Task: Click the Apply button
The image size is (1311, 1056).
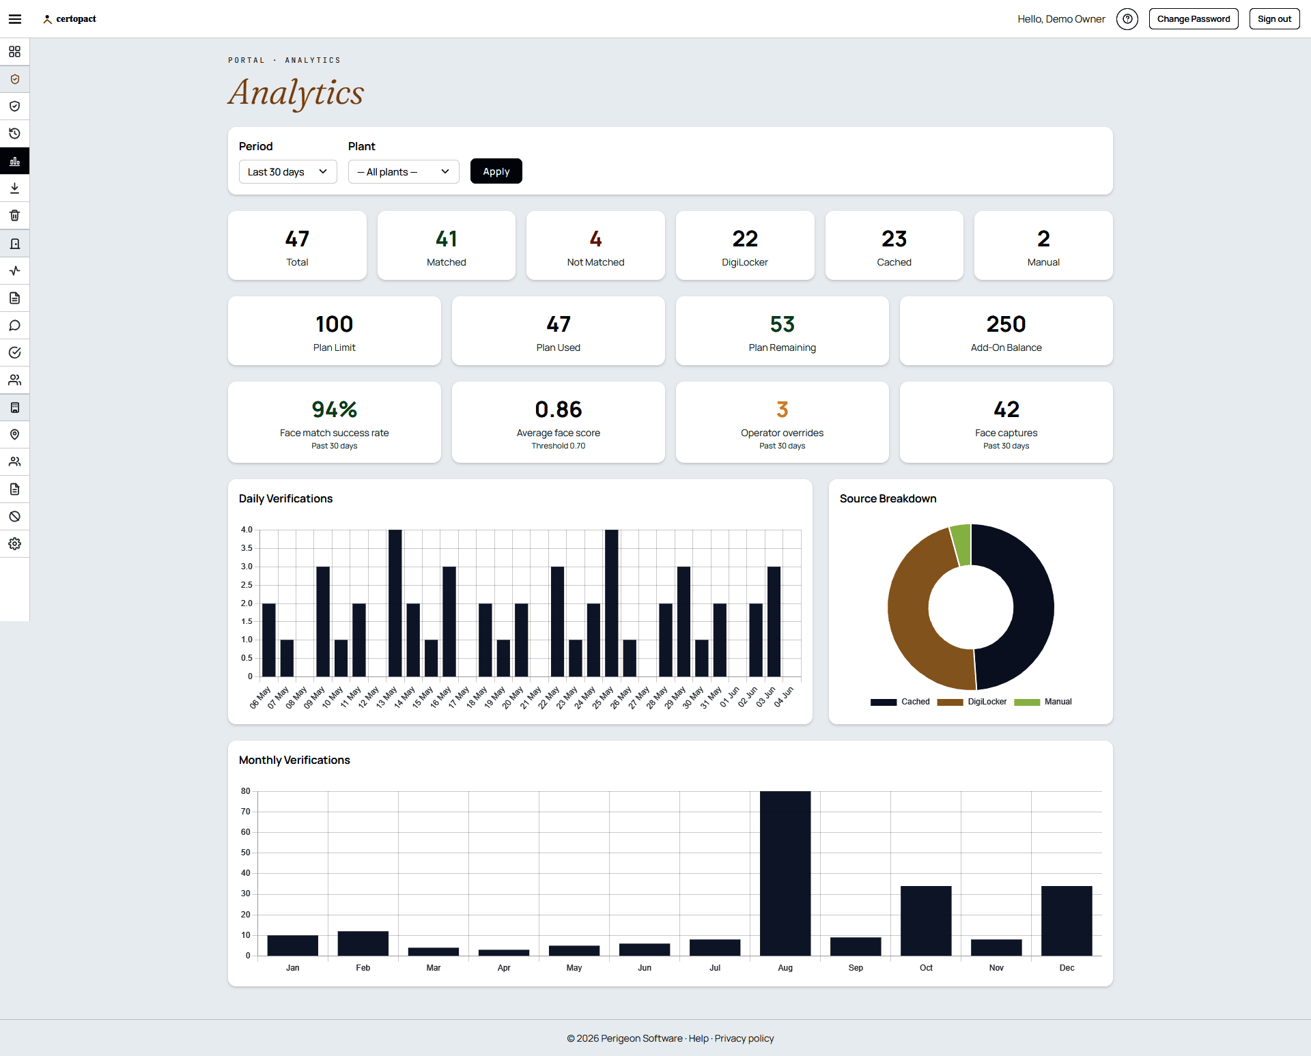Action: click(496, 171)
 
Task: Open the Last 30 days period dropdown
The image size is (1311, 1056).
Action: click(287, 171)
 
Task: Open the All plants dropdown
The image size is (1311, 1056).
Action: click(404, 171)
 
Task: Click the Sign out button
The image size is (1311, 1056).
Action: click(1274, 19)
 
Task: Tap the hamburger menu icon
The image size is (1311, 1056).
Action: click(15, 19)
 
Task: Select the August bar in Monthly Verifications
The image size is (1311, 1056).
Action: click(785, 873)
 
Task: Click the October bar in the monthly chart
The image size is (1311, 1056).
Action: click(926, 921)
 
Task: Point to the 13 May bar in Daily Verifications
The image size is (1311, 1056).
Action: click(395, 603)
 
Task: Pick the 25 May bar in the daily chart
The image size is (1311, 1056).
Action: click(611, 603)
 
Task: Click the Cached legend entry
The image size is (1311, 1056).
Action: click(900, 702)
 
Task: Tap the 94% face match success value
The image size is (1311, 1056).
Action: click(335, 410)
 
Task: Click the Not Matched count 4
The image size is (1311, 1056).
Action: click(595, 239)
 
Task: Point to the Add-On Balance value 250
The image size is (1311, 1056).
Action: click(1006, 324)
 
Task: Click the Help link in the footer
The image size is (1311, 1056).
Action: click(699, 1038)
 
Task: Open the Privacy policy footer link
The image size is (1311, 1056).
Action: click(744, 1038)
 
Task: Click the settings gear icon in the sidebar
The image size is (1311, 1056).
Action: click(15, 544)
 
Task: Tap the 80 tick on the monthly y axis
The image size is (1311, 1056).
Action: click(246, 791)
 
